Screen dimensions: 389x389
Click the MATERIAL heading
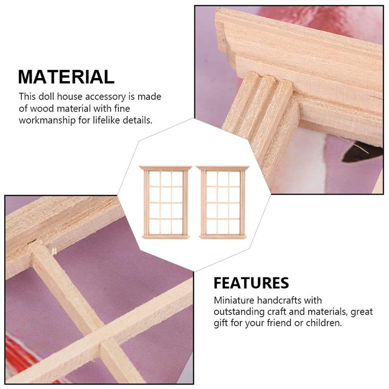[66, 77]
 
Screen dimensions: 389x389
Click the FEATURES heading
[251, 283]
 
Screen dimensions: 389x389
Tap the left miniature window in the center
[165, 202]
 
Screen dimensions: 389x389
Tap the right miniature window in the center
[223, 202]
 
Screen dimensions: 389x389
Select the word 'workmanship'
[47, 121]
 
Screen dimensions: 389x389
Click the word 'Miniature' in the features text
[234, 301]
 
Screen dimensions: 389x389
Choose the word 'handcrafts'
[279, 301]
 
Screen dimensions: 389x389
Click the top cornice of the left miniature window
[165, 168]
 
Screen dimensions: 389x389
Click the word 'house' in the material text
[70, 96]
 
